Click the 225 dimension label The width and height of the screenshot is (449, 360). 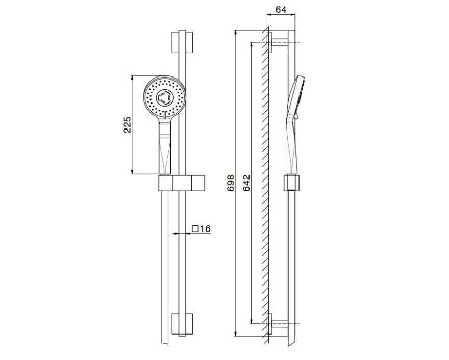128,124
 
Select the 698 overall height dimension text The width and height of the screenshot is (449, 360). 231,183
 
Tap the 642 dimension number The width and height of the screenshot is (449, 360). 246,183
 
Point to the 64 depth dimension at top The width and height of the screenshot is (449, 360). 281,10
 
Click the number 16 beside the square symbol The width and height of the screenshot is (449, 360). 205,228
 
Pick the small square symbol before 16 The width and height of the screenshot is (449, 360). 195,228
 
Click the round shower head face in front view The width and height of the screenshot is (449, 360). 165,97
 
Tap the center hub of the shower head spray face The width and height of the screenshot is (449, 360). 165,97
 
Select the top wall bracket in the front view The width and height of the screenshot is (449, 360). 182,42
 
